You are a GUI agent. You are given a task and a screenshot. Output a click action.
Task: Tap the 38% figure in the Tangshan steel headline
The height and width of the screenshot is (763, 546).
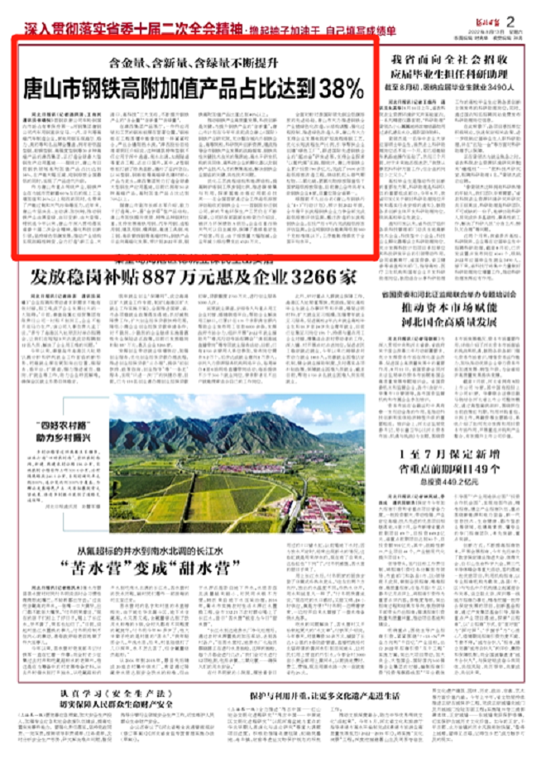click(x=338, y=86)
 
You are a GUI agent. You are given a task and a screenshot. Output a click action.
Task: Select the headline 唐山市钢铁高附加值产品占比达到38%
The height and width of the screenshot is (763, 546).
click(x=194, y=86)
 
